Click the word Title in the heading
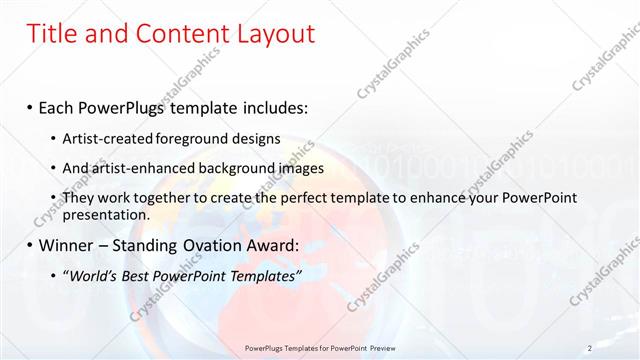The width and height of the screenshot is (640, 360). coord(51,34)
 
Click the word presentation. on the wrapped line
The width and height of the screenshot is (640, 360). coord(106,215)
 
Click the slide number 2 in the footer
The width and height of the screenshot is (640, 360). coord(590,348)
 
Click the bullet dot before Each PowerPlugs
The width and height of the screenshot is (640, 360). coord(30,106)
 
